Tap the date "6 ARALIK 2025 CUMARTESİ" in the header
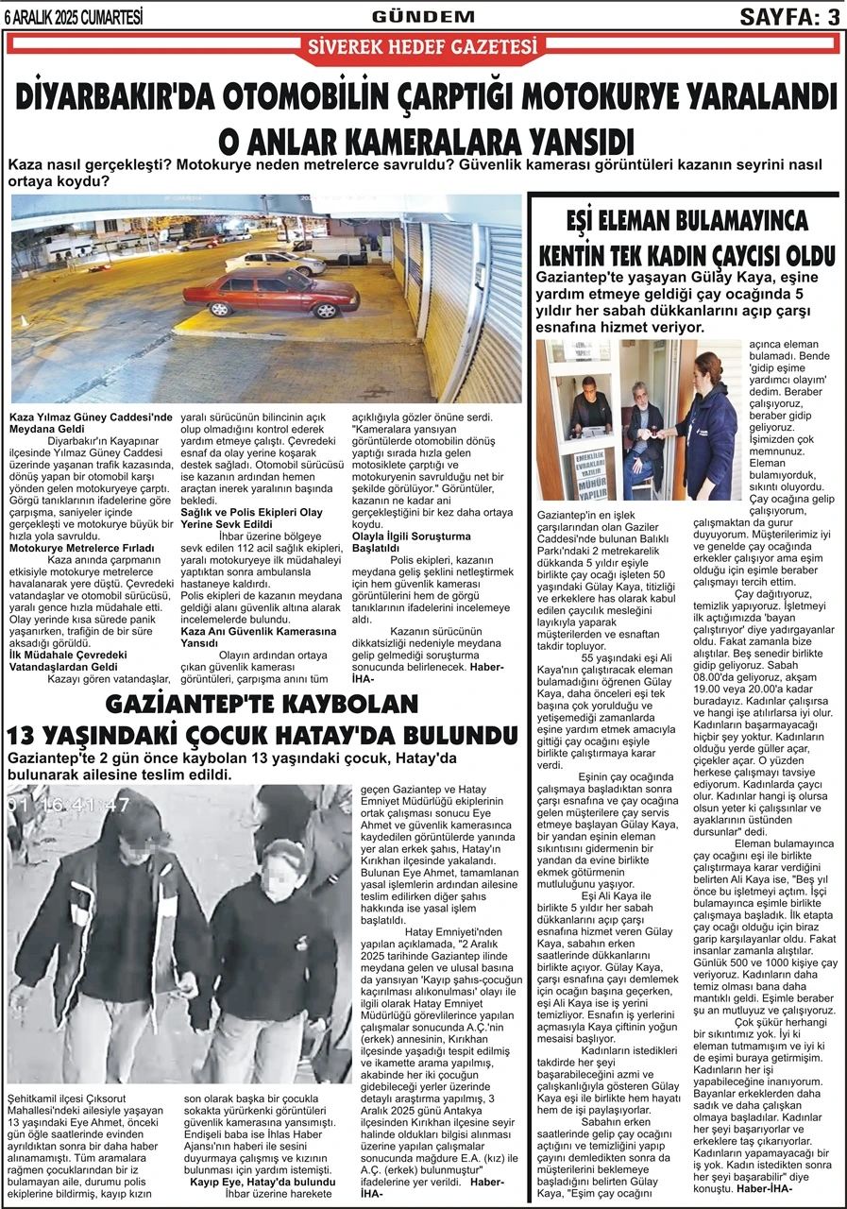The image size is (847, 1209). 73,15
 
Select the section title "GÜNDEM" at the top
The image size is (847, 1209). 423,16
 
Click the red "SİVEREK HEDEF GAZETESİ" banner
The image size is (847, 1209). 423,46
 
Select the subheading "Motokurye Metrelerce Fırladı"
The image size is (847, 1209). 82,548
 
